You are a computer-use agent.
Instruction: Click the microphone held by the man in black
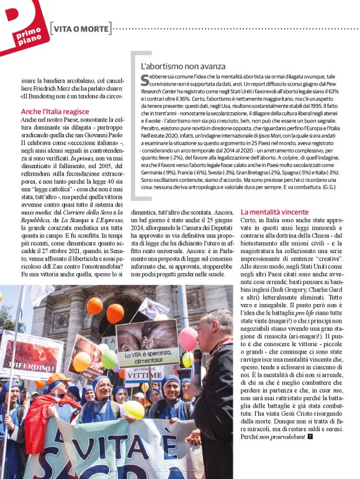(197, 360)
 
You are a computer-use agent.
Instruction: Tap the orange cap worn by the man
(59, 377)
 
